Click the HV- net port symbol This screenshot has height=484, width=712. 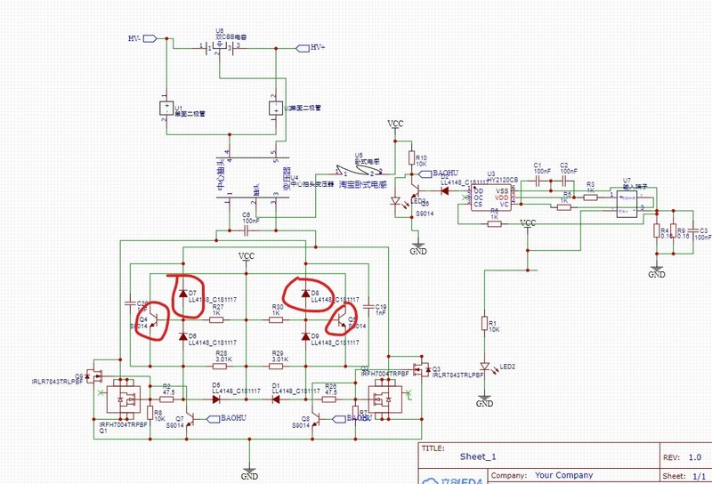click(x=150, y=38)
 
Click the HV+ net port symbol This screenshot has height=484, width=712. click(x=298, y=47)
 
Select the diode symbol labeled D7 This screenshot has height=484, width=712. click(x=183, y=293)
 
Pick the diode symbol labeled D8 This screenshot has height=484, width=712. click(x=304, y=293)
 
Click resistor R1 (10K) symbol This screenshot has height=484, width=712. click(x=485, y=324)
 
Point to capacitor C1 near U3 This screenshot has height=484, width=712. click(x=538, y=181)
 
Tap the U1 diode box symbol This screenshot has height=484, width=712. click(x=166, y=109)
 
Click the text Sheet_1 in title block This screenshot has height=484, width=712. click(x=479, y=456)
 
